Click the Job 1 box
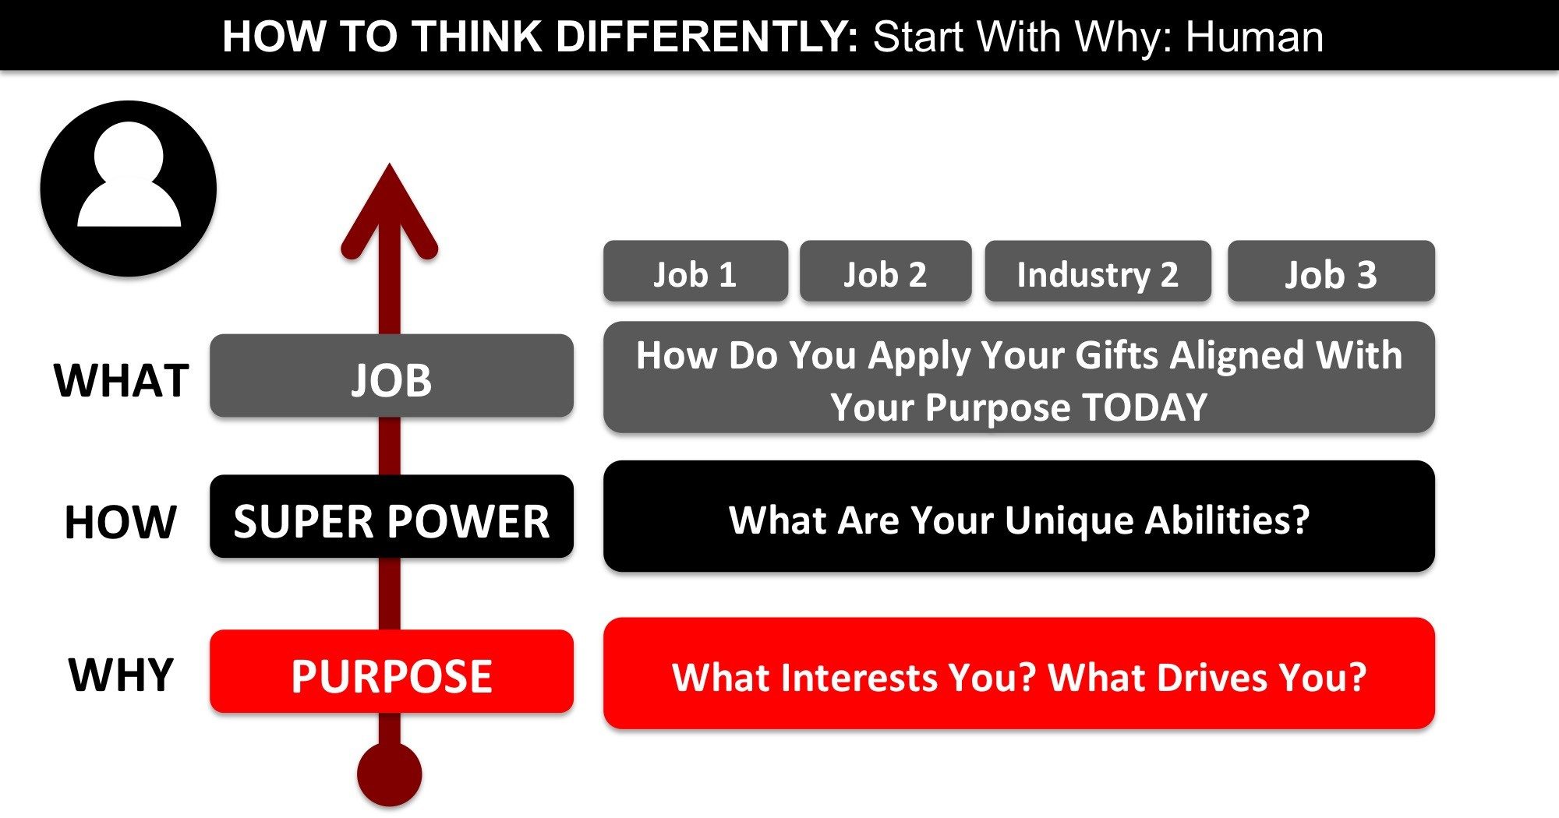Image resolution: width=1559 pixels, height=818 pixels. [x=695, y=272]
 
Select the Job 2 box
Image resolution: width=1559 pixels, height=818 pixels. [x=886, y=272]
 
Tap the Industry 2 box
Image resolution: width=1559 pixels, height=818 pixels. [x=1098, y=272]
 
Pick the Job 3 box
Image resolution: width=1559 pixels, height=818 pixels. [x=1331, y=272]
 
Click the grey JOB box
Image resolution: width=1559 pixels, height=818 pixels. [x=391, y=377]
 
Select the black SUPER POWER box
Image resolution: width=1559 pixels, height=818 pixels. [x=391, y=518]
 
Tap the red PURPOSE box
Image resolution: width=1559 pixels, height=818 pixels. [x=391, y=672]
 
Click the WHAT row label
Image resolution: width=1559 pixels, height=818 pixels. [x=122, y=380]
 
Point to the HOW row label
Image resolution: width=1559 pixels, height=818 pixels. [x=121, y=521]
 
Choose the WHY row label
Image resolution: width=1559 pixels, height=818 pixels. [x=121, y=675]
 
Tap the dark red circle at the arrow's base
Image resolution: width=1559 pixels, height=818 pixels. [x=389, y=774]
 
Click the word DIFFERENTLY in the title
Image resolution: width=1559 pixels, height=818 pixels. [x=707, y=37]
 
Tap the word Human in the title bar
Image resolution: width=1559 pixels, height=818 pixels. [x=1254, y=37]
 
